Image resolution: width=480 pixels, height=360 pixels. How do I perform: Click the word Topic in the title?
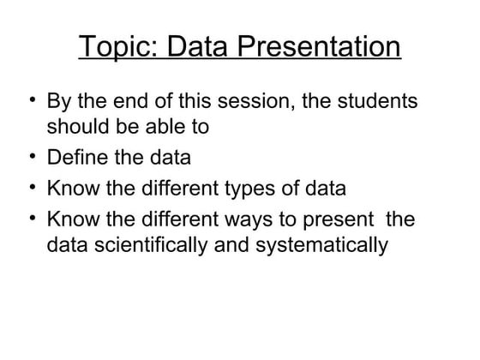(x=116, y=47)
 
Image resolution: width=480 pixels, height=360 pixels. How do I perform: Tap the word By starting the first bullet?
(x=58, y=102)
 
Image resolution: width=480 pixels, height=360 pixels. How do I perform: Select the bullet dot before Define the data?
(x=30, y=157)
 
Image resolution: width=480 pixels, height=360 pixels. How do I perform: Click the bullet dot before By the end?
(x=30, y=100)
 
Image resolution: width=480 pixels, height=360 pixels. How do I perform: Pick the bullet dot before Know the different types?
(x=30, y=186)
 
